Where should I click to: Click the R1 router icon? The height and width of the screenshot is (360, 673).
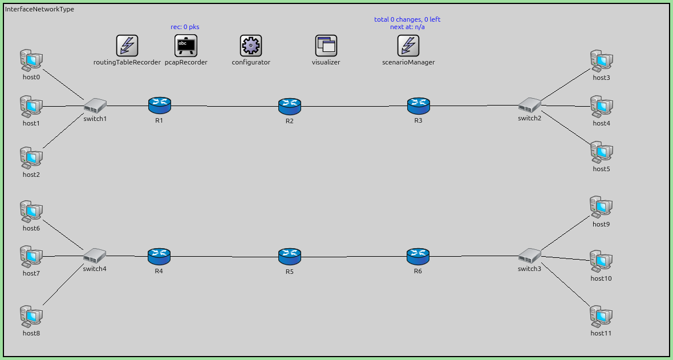coord(159,104)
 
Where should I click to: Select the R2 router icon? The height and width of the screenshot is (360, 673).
coord(290,106)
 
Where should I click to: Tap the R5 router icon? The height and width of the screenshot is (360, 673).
coord(290,256)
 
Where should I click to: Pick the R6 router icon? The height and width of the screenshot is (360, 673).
coord(418,256)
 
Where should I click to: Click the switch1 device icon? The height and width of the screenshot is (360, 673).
coord(95,105)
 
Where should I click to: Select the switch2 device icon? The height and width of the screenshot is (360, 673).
coord(529,105)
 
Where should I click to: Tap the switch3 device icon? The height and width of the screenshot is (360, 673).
coord(529,255)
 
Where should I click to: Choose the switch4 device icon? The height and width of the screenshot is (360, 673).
coord(95,255)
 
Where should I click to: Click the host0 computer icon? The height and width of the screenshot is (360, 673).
coord(31,59)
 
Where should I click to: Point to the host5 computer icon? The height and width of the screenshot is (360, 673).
coord(601,152)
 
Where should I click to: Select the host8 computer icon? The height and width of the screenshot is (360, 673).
coord(31,315)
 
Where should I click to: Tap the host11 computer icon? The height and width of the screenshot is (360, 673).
coord(601,315)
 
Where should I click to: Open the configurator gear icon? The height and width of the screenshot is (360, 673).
coord(251,46)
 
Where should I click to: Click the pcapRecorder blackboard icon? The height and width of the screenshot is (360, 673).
coord(185,46)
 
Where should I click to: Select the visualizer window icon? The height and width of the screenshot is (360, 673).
coord(326,46)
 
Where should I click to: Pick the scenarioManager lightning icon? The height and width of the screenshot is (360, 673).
coord(408,46)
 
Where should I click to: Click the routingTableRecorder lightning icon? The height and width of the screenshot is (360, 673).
coord(127,46)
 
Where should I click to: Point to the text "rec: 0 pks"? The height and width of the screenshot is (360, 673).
coord(185,27)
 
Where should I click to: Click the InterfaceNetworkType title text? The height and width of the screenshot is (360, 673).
coord(39,9)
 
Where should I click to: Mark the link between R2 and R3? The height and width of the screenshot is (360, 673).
coord(354,106)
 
